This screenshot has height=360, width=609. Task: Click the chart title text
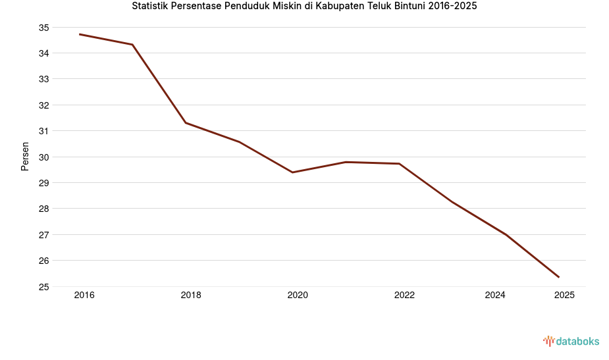[x=304, y=7]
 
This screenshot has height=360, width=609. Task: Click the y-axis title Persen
[x=25, y=157]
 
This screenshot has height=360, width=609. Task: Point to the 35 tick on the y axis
[x=43, y=28]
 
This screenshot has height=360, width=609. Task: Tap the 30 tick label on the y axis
[x=43, y=157]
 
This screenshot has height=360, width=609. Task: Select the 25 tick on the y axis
[x=43, y=287]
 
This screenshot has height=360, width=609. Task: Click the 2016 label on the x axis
[x=84, y=296]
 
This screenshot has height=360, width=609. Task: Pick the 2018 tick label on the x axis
[x=191, y=296]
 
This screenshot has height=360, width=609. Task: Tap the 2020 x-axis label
[x=298, y=296]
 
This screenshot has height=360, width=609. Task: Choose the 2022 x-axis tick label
[x=404, y=296]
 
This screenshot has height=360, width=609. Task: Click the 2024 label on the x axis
[x=495, y=296]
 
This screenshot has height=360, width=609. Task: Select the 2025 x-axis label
[x=564, y=296]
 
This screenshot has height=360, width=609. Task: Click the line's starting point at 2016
[x=80, y=34]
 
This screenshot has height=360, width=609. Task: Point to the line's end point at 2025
[x=559, y=277]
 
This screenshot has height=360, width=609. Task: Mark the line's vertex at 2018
[x=186, y=123]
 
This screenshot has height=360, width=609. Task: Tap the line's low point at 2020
[x=292, y=172]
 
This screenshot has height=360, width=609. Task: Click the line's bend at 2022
[x=399, y=164]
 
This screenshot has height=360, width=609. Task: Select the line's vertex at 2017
[x=133, y=45]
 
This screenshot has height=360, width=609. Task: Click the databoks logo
[x=571, y=341]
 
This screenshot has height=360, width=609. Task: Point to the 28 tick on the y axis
[x=43, y=209]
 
